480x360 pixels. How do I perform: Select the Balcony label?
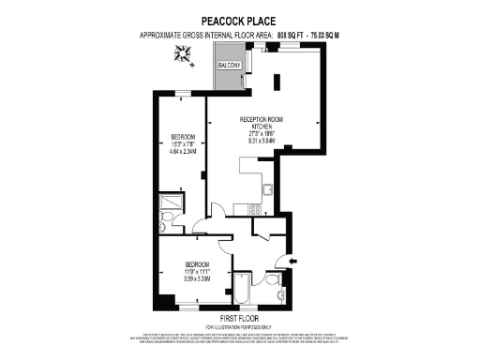pos(230,67)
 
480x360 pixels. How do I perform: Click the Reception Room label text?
pos(262,119)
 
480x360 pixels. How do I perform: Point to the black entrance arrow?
pos(292,261)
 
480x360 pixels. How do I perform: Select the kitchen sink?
pos(268,190)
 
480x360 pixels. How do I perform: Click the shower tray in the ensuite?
pos(172,202)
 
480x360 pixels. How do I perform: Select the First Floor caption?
pos(239,319)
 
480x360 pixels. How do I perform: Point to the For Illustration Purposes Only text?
pos(239,326)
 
